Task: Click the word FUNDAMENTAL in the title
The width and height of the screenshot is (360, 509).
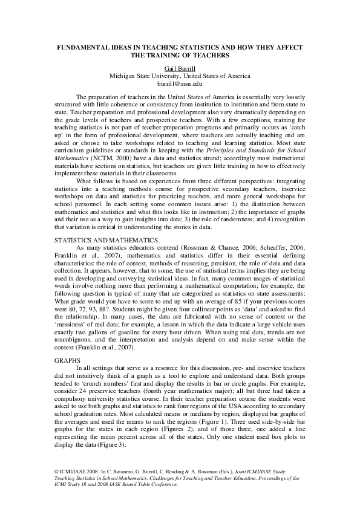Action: (x=82, y=47)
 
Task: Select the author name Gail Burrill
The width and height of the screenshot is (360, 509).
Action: (x=180, y=68)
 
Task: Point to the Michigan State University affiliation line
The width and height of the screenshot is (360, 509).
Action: (x=180, y=76)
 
